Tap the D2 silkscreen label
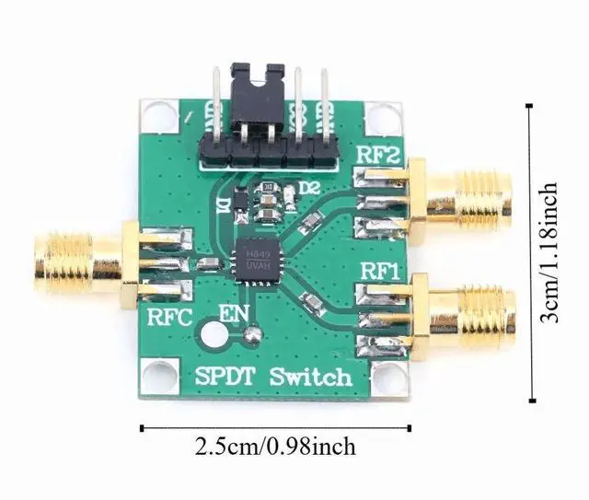coord(309,190)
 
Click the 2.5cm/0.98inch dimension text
coord(274,448)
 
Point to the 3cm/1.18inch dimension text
coord(549,253)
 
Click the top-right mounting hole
coord(378,118)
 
